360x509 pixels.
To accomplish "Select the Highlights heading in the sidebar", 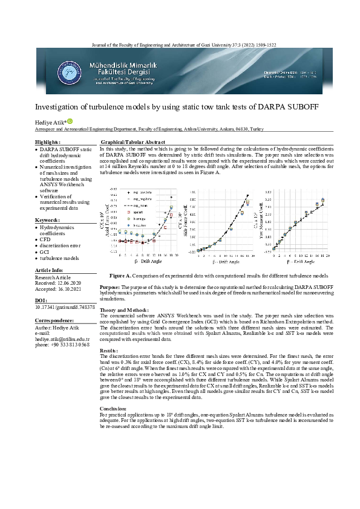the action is [x=47, y=141].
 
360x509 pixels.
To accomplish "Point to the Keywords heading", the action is [x=47, y=220].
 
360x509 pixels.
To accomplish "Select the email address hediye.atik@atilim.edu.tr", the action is [x=62, y=339].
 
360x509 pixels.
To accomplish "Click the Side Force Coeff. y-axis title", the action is [x=185, y=223].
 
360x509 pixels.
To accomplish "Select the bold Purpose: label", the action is [x=110, y=287].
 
